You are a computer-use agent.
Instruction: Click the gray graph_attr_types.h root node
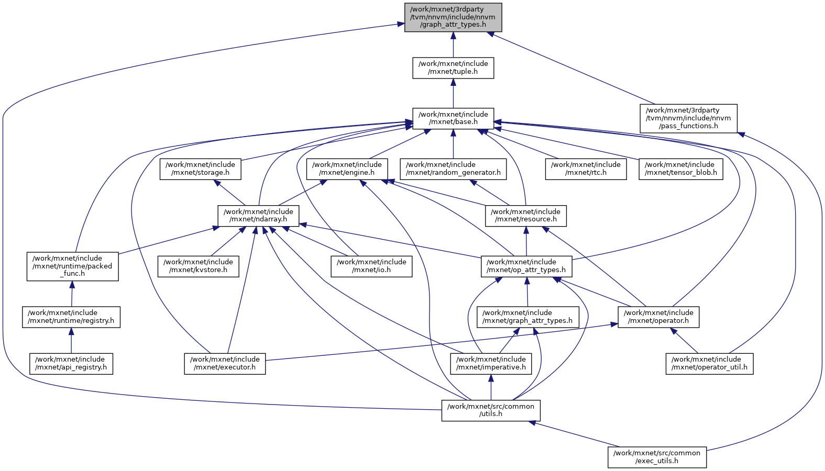tap(453, 17)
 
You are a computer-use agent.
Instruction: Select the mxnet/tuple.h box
tap(453, 68)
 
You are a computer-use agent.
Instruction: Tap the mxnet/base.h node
tap(453, 118)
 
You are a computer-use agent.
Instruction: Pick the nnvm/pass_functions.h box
tap(688, 118)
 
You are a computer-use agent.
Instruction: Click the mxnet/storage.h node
tap(200, 169)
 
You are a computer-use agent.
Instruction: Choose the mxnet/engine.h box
tap(347, 169)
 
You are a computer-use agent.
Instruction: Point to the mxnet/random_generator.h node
tap(453, 169)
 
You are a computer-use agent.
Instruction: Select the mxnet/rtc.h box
tap(586, 169)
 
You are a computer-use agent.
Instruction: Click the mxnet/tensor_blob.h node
tap(680, 169)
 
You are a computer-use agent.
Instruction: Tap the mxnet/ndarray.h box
tap(258, 216)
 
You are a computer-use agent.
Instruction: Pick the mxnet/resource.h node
tap(525, 216)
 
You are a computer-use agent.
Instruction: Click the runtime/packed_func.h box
tap(72, 266)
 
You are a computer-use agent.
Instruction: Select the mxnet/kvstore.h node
tap(199, 266)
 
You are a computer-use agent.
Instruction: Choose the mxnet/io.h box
tap(371, 266)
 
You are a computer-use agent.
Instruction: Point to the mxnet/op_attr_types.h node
tap(526, 266)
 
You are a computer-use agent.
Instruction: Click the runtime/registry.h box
tap(71, 317)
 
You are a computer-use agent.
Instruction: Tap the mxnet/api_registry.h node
tap(71, 364)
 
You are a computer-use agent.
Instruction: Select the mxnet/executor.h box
tap(225, 364)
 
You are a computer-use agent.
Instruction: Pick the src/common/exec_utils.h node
tap(657, 457)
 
